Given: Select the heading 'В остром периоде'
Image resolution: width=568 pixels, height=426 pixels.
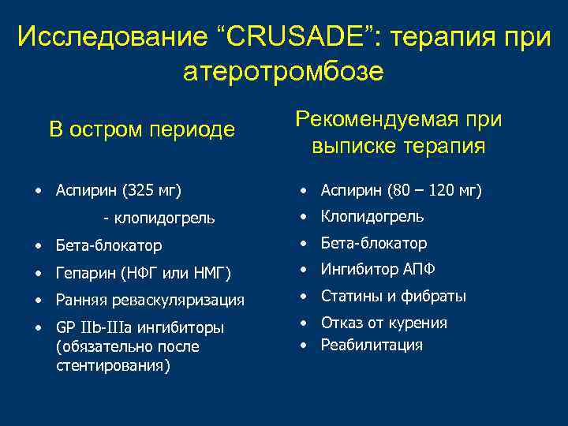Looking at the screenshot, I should point(142,129).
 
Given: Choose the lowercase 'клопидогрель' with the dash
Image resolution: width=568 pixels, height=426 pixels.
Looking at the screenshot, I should point(164,218).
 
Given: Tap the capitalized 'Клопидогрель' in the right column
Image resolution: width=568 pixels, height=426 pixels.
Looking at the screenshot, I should point(372,216).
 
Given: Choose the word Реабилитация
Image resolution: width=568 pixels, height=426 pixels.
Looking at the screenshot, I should point(372,345).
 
